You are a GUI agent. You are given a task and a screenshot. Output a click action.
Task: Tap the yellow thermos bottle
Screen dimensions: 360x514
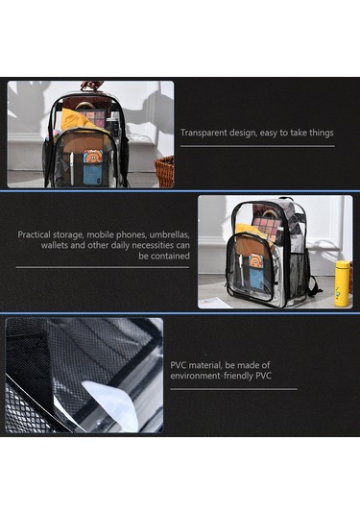pyautogui.click(x=342, y=283)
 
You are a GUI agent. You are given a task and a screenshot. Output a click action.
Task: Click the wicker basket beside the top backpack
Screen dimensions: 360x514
pyautogui.click(x=164, y=171)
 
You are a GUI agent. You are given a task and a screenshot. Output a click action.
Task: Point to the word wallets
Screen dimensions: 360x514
pyautogui.click(x=54, y=245)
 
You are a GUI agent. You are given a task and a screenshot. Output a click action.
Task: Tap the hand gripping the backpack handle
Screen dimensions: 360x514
pyautogui.click(x=92, y=86)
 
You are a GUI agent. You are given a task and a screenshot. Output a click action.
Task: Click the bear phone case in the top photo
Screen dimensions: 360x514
pyautogui.click(x=93, y=167)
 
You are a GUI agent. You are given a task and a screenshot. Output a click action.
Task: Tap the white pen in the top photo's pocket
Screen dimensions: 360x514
pyautogui.click(x=72, y=168)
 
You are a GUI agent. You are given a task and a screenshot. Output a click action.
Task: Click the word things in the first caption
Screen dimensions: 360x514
pyautogui.click(x=322, y=133)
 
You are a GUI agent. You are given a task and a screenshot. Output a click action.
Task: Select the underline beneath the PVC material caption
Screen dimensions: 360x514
pyautogui.click(x=234, y=389)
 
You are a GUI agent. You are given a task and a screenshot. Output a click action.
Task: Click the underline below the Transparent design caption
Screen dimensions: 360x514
pyautogui.click(x=257, y=146)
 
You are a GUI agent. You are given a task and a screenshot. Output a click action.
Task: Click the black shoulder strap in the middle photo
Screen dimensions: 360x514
pyautogui.click(x=315, y=284)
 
